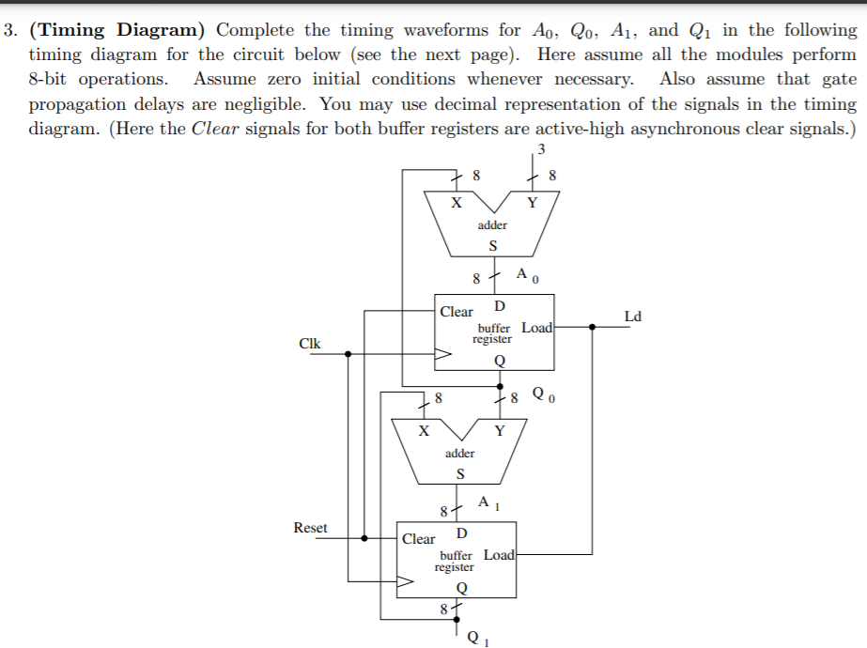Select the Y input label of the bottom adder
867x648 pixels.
[499, 431]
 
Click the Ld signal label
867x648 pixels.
[633, 316]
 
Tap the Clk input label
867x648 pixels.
[309, 344]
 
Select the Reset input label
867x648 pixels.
[310, 528]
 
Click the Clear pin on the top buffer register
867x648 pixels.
[457, 312]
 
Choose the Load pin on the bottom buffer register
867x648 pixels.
[499, 554]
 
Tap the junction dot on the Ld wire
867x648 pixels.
[591, 327]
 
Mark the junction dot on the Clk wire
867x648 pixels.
[348, 354]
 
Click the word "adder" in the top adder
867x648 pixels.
[492, 225]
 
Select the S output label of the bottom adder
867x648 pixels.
[458, 473]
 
